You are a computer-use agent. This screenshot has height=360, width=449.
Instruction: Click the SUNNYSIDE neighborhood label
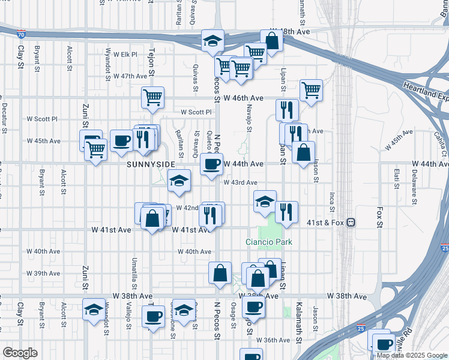[x=151, y=164]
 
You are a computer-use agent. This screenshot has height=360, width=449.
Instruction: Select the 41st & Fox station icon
[x=351, y=223]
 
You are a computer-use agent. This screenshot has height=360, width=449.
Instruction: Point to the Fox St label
[x=379, y=217]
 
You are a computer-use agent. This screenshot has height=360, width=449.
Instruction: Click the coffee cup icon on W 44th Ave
[x=211, y=164]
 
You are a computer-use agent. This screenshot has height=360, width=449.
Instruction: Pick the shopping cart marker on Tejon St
[x=153, y=97]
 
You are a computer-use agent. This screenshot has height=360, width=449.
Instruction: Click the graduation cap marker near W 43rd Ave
[x=179, y=181]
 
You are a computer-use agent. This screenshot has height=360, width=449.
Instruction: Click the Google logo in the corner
[x=20, y=353]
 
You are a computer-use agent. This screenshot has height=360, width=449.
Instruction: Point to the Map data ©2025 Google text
[x=412, y=355]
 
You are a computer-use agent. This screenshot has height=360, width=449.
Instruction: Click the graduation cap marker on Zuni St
[x=94, y=310]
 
